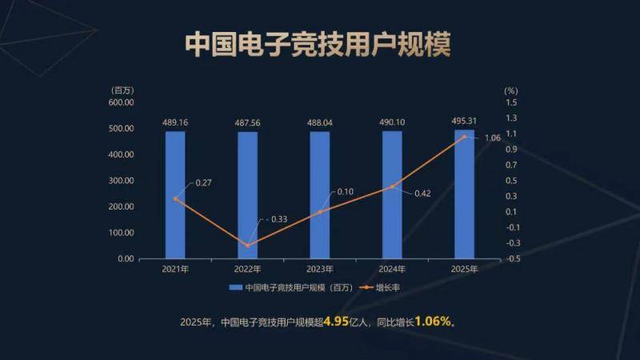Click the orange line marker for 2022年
pos(247,245)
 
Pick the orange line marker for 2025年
pos(465,137)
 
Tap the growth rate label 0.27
pos(203,183)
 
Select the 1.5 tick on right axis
pos(511,102)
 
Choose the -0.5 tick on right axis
pos(513,258)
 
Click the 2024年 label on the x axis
pos(393,270)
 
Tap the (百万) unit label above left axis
pos(123,90)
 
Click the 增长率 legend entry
pos(388,287)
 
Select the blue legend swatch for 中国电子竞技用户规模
pos(236,287)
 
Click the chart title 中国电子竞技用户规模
pos(318,45)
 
